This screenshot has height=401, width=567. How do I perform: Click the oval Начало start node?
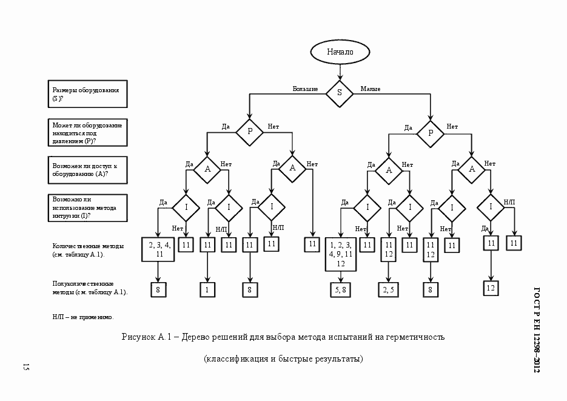point(340,52)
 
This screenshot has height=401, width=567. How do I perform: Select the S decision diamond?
point(340,92)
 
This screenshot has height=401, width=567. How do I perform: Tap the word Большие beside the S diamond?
point(305,89)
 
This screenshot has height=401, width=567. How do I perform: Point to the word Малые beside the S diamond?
point(371,89)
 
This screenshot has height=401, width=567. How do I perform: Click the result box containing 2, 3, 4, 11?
point(159,249)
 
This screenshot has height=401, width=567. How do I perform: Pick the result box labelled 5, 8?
point(340,290)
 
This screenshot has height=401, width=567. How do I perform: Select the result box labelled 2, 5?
point(389,290)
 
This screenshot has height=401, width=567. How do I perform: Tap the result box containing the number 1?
point(207,290)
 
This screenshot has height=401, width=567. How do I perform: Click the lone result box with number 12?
point(491,288)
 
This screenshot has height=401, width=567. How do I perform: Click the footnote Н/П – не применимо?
point(83,317)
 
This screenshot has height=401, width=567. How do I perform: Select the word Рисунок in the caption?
point(139,337)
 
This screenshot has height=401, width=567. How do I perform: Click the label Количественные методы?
point(89,251)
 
